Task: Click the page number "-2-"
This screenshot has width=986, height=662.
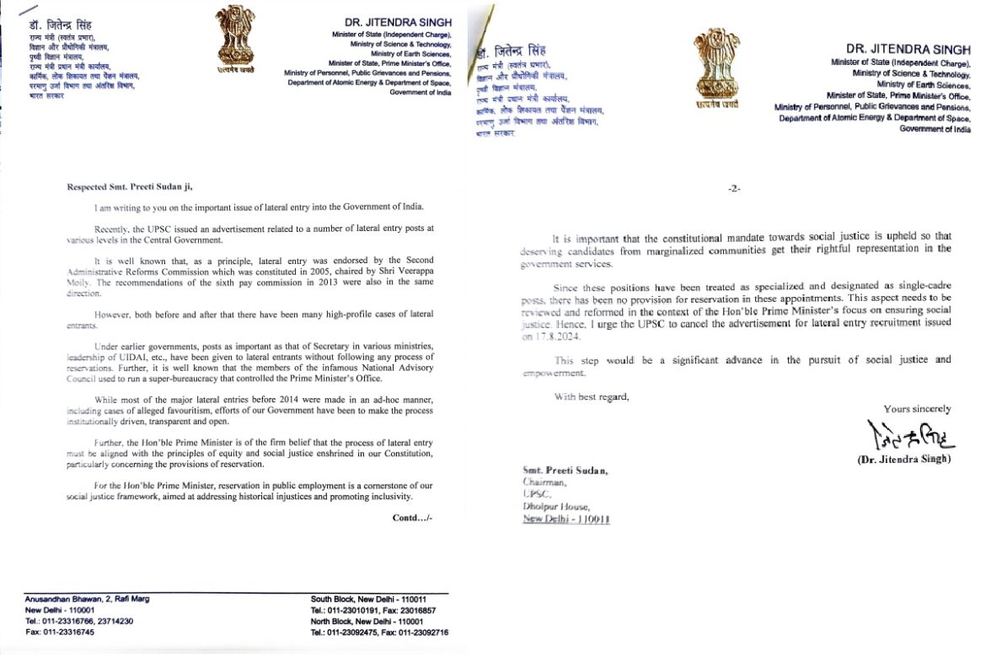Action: point(733,189)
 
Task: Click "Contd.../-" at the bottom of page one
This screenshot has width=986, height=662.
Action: point(412,517)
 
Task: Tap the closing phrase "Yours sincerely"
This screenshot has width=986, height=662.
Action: point(918,409)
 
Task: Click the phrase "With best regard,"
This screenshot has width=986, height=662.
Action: point(591,396)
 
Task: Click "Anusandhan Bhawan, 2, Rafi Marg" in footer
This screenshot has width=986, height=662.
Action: point(88,599)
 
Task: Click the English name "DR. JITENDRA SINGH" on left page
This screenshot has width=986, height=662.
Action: point(399,21)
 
